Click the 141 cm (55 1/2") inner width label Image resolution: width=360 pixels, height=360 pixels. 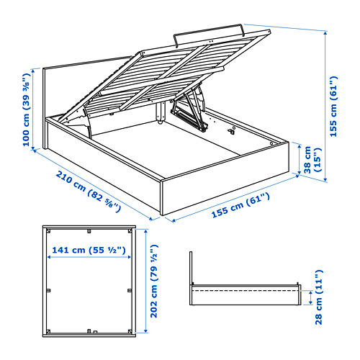[87, 251]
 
